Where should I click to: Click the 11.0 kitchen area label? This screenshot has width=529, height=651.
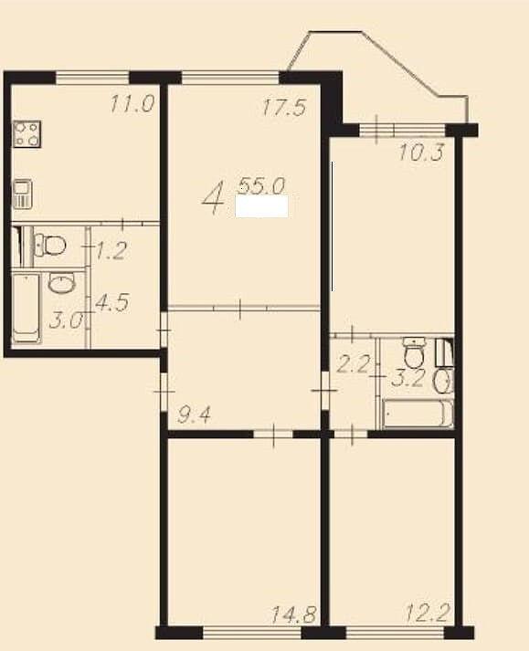coord(132,104)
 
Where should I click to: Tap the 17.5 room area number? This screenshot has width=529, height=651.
coord(285,106)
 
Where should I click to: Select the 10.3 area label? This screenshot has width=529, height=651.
coord(421,152)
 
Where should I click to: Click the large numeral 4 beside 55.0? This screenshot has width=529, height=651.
coord(214,197)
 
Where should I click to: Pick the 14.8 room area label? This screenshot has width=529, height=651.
coord(294,614)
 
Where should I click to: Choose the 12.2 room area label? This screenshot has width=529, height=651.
coord(428,614)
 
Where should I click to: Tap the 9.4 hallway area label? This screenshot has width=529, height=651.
coord(195,415)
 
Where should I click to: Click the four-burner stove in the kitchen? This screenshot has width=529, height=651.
coord(27,134)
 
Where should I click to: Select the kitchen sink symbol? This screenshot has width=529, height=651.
coord(23,194)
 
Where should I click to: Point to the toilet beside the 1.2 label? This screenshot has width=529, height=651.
coord(50,245)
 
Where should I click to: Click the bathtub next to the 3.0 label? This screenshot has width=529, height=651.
coord(26,308)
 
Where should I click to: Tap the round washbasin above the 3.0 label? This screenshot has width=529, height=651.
coord(61,283)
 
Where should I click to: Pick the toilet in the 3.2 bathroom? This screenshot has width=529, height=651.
coord(415,353)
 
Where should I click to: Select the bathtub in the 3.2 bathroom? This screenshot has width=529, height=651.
coord(418,414)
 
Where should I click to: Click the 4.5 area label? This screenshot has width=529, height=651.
coord(112,302)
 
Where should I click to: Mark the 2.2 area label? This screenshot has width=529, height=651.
coord(353,366)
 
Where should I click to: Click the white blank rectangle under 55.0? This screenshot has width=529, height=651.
coord(262,206)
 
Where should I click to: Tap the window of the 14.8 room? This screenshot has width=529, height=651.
coord(252,632)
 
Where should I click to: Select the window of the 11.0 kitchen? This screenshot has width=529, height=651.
coord(92,78)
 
